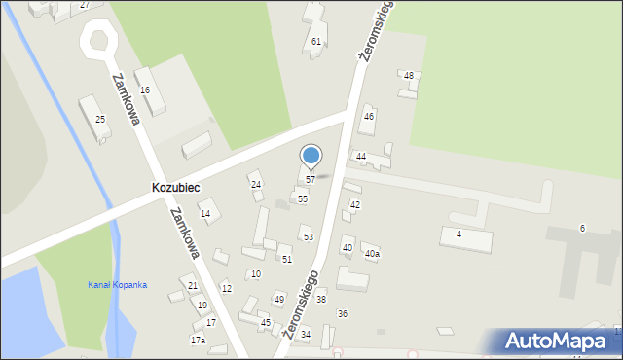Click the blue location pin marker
click(x=311, y=156)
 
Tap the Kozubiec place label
click(x=176, y=186)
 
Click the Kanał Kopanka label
click(x=117, y=284)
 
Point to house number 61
click(x=316, y=41)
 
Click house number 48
click(x=409, y=75)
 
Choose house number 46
click(x=369, y=116)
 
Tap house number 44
click(x=360, y=156)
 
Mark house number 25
click(x=100, y=119)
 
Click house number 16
click(x=145, y=90)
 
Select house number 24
click(x=256, y=184)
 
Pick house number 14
click(x=205, y=213)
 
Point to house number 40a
click(x=372, y=254)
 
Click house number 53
click(x=308, y=236)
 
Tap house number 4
click(x=458, y=234)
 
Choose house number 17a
click(x=198, y=340)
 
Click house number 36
click(x=343, y=313)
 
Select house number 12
click(x=226, y=288)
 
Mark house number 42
click(x=355, y=204)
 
